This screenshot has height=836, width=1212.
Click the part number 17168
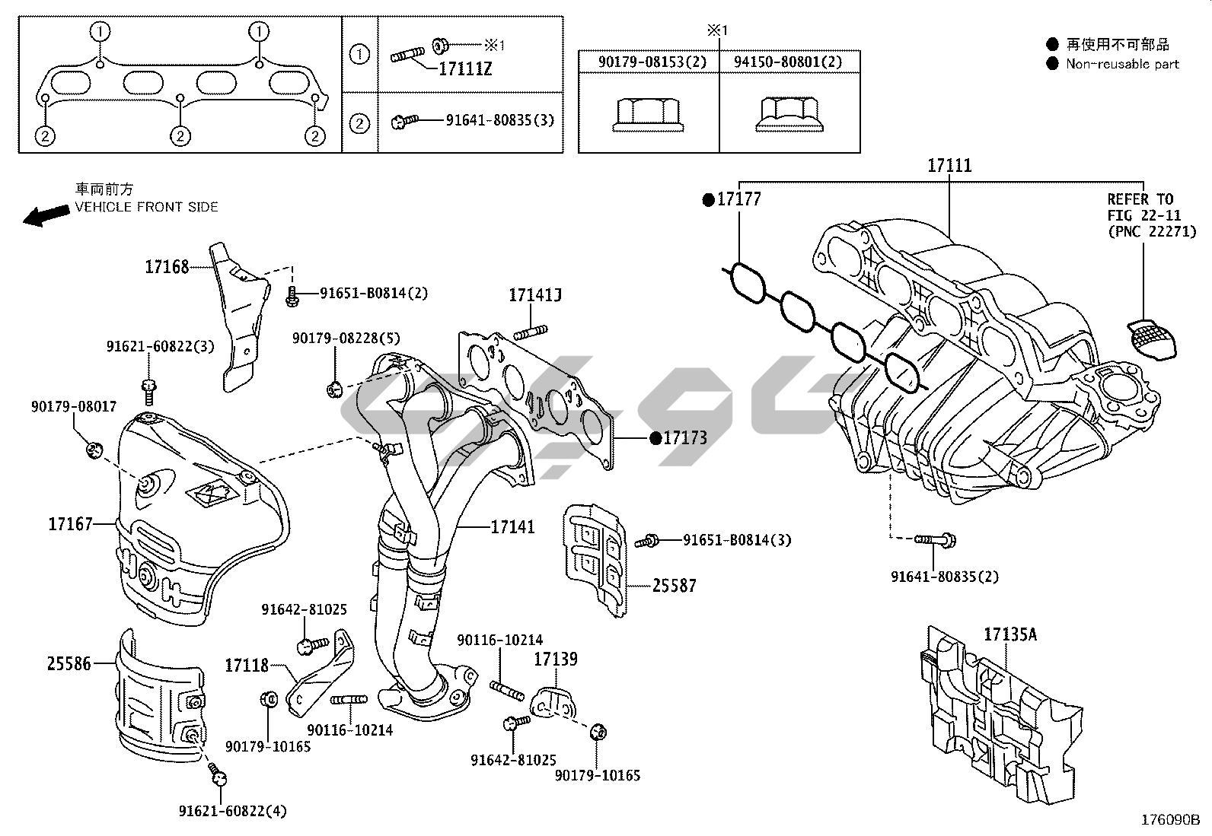[x=167, y=267]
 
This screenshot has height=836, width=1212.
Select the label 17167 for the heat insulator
[x=71, y=524]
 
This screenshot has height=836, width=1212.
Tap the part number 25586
[x=69, y=664]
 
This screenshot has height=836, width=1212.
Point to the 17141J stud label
[x=535, y=295]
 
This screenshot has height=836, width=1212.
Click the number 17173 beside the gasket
[x=685, y=438]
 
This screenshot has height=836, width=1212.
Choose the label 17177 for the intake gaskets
[x=738, y=199]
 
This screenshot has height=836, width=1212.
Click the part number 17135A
[x=1010, y=634]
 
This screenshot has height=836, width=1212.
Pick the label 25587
[x=674, y=586]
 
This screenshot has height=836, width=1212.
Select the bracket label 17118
[x=247, y=666]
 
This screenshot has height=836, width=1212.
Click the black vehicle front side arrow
[x=45, y=216]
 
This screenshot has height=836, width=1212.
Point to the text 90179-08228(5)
[x=346, y=338]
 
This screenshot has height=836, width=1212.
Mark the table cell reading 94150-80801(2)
[x=788, y=62]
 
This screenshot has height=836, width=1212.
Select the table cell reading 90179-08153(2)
[x=648, y=62]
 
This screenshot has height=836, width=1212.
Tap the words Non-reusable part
[x=1122, y=65]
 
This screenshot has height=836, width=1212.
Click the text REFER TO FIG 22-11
[x=1141, y=208]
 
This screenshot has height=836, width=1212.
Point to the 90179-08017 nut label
[x=74, y=407]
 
